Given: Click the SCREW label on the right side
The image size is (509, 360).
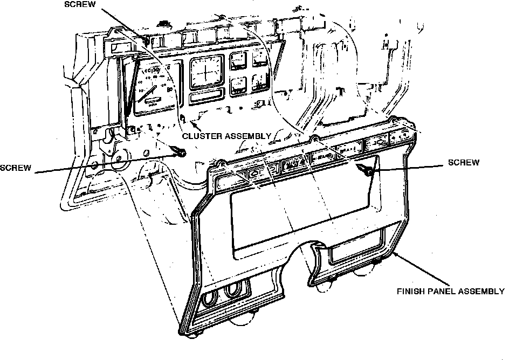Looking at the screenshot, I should click(x=464, y=163).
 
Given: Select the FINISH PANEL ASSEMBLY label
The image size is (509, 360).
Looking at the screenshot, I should click(x=450, y=292).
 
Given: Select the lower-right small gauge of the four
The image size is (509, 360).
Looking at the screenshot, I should click(x=260, y=82).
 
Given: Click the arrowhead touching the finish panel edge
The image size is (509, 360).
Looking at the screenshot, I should click(x=395, y=254).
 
